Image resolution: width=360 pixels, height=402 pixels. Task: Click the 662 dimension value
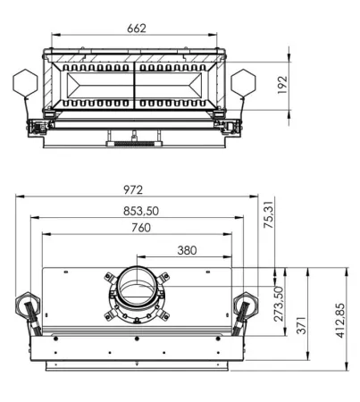pyautogui.click(x=137, y=29)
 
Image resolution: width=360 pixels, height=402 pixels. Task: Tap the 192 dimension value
pyautogui.click(x=282, y=85)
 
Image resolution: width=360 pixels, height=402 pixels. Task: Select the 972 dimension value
pyautogui.click(x=133, y=189)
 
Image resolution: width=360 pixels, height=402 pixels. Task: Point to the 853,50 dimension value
pyautogui.click(x=141, y=211)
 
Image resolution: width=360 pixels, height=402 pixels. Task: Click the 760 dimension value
pyautogui.click(x=141, y=228)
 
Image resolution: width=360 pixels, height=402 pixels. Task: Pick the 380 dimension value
pyautogui.click(x=187, y=250)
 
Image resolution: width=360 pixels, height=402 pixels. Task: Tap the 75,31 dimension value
pyautogui.click(x=268, y=214)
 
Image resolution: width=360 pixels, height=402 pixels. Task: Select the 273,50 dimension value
pyautogui.click(x=278, y=304)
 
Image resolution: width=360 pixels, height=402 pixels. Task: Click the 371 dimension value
pyautogui.click(x=301, y=325)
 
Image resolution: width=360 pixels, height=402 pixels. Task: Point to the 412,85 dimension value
pyautogui.click(x=340, y=321)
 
